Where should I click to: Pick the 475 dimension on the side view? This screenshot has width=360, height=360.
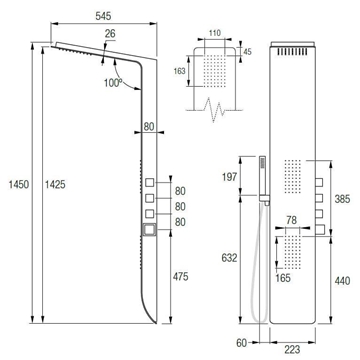[180, 276]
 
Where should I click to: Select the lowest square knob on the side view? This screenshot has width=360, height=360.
[152, 231]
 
